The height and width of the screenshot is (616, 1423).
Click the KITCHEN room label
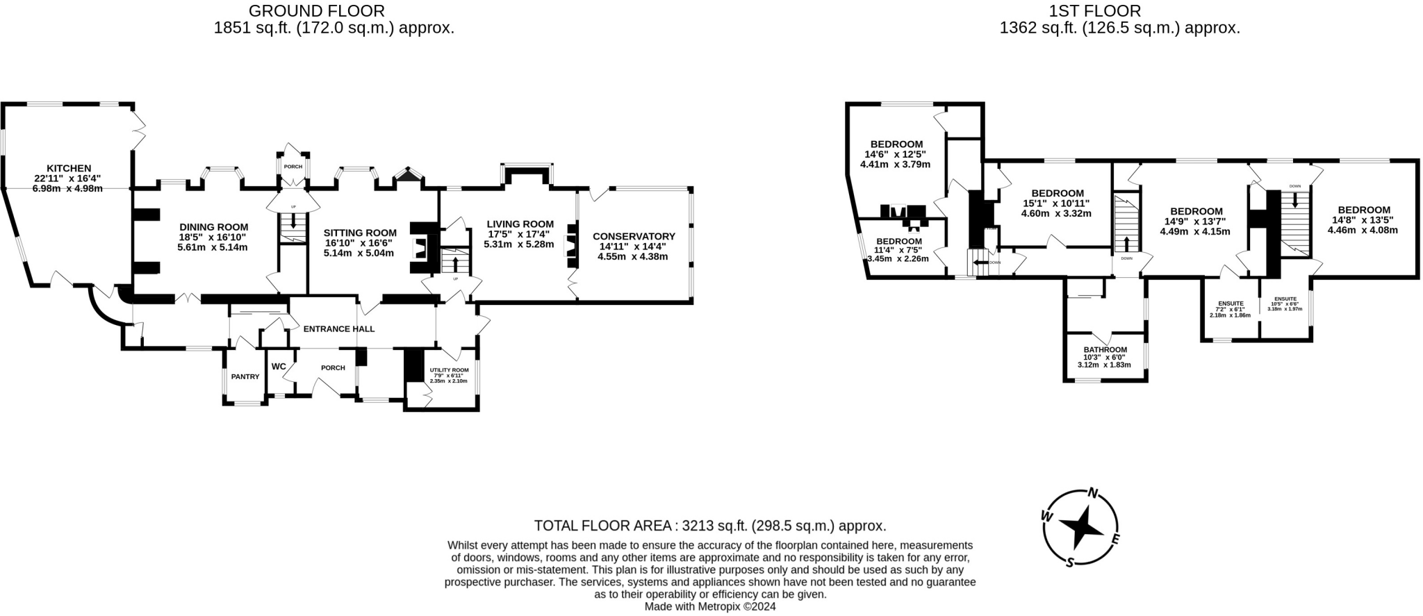tap(69, 168)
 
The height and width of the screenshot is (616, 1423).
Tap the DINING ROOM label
tap(213, 227)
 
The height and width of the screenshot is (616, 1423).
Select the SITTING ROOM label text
tap(360, 233)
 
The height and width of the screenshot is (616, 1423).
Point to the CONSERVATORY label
tap(634, 237)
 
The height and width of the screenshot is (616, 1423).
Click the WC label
tap(279, 367)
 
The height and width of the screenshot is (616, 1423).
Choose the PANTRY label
tap(245, 377)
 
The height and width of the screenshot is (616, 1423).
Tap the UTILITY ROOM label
tap(450, 370)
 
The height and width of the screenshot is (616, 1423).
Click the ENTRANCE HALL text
tap(339, 329)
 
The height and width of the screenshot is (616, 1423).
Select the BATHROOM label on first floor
tap(1105, 350)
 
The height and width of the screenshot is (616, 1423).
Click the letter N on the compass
tap(1092, 494)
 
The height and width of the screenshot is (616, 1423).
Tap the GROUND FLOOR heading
tap(316, 11)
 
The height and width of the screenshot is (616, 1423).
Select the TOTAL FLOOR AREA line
tap(709, 526)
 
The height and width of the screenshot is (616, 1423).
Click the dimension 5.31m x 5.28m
tap(519, 244)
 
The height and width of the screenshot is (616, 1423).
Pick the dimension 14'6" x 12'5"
tap(895, 154)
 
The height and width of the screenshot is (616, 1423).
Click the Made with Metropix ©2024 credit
tap(710, 606)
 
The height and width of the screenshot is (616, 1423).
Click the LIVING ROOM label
tap(520, 224)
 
